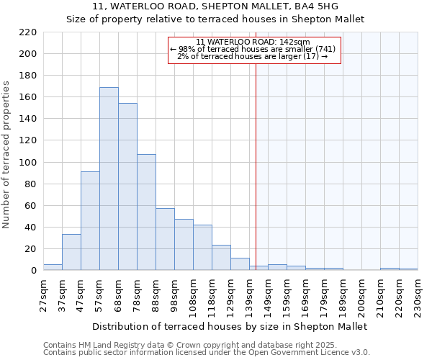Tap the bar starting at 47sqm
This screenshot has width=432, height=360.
[90, 220]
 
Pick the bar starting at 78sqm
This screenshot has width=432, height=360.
[146, 212]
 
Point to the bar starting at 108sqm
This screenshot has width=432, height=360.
[202, 248]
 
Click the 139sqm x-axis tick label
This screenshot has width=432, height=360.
[249, 294]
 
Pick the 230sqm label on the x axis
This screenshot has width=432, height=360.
[418, 294]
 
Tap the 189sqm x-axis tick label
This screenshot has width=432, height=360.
[343, 294]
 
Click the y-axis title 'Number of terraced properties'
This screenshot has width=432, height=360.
[6, 155]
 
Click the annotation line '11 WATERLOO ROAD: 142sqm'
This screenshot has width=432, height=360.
[253, 42]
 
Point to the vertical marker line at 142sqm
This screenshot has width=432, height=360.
[256, 166]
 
